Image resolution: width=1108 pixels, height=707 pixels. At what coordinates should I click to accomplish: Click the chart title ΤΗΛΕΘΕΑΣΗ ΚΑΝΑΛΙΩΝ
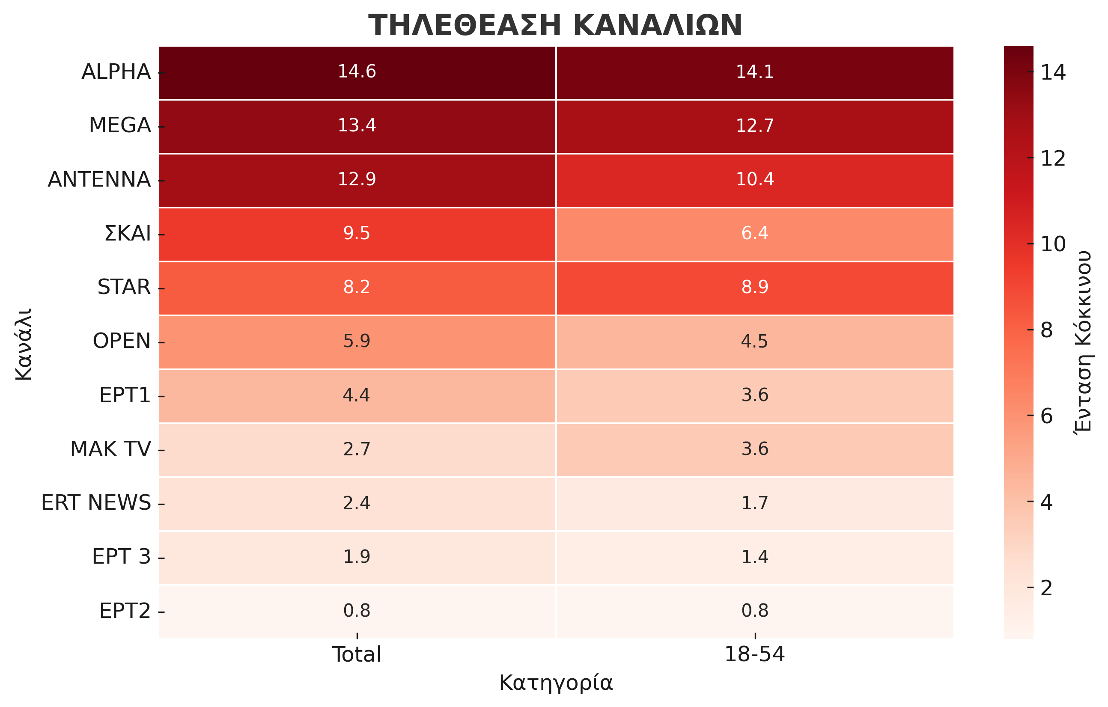click(555, 25)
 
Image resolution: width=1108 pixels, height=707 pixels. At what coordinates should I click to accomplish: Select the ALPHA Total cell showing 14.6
click(357, 72)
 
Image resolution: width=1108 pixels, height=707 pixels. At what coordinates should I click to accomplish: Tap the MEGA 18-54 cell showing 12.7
click(755, 126)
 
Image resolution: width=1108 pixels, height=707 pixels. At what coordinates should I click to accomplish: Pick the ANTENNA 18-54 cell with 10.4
click(755, 180)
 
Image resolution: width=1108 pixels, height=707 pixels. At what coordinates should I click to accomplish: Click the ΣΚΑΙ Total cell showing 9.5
click(357, 234)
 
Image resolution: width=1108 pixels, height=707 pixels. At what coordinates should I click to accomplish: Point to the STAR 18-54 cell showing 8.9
click(755, 288)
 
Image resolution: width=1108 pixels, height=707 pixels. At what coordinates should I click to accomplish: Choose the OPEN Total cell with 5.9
click(357, 342)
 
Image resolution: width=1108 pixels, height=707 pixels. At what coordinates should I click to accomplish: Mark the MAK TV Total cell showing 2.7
click(357, 449)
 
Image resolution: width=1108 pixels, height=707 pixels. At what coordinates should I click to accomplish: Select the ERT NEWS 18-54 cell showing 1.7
click(755, 503)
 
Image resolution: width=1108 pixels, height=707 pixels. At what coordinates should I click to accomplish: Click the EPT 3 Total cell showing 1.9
click(357, 557)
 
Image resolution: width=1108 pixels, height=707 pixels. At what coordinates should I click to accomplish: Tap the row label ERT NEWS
click(96, 503)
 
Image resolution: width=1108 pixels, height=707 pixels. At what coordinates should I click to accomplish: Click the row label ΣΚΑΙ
click(128, 234)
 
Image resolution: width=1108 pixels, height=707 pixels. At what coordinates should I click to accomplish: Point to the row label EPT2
click(125, 611)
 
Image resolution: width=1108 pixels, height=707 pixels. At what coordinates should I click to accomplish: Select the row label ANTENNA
click(99, 179)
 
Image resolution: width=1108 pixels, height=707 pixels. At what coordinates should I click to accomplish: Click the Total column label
click(357, 654)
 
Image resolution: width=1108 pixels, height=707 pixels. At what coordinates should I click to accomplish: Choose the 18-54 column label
click(755, 654)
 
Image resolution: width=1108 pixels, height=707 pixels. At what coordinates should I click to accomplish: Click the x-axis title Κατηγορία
click(556, 683)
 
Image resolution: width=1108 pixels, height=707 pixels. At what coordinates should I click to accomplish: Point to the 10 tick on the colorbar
click(1053, 244)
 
